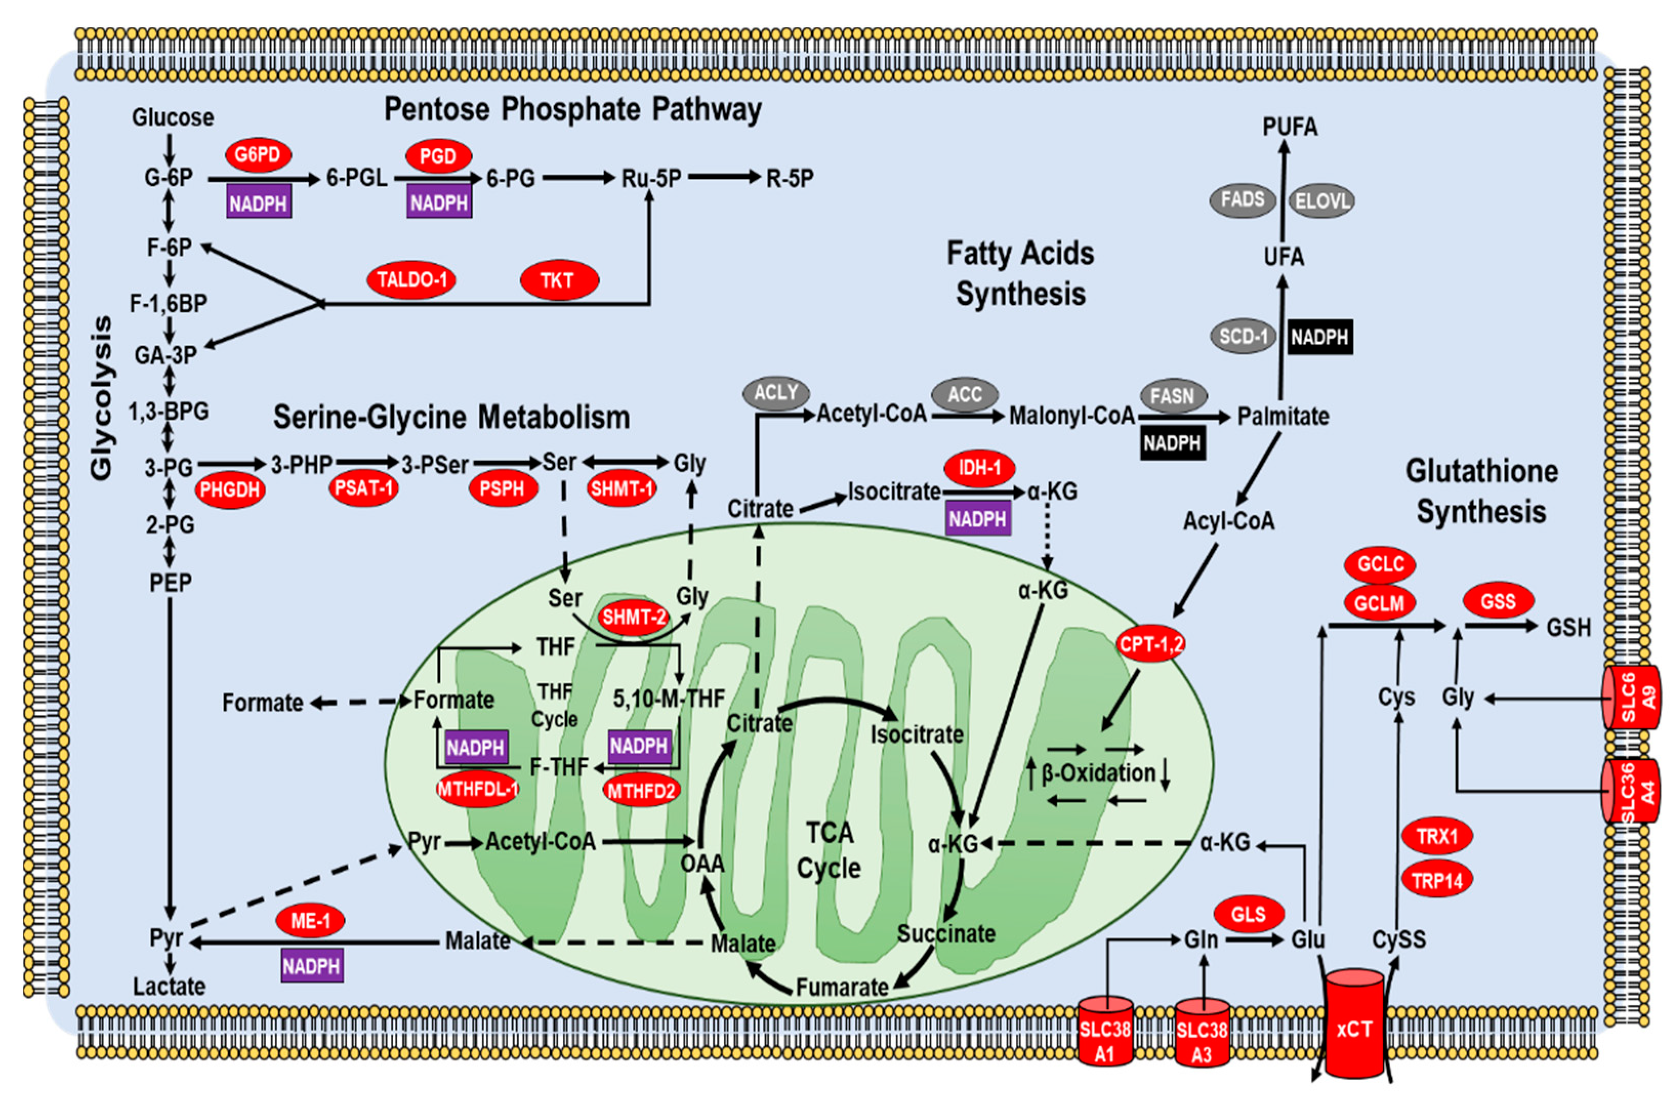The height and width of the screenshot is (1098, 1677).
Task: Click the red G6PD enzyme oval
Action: pos(258,155)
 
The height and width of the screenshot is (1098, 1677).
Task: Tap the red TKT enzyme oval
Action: pos(559,280)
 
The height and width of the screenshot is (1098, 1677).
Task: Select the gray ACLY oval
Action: pos(776,392)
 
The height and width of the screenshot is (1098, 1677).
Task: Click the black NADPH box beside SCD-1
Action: pos(1320,337)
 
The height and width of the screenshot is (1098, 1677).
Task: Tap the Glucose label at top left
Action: pos(173,117)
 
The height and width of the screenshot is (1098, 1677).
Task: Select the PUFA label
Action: pos(1290,127)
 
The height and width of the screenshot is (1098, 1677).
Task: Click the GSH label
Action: pos(1568,627)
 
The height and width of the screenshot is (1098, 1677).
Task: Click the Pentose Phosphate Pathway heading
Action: pos(572,109)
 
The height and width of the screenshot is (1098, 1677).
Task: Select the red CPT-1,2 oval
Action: pos(1151,643)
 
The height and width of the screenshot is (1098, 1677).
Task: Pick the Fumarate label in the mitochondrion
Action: pos(842,987)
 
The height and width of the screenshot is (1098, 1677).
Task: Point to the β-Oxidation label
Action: pos(1098,773)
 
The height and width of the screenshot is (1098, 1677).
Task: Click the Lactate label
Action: pos(169,986)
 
